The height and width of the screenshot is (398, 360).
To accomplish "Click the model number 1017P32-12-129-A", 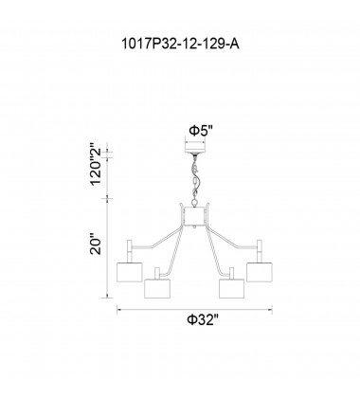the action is click(180, 45).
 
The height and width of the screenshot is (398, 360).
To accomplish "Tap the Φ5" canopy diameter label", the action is click(201, 130).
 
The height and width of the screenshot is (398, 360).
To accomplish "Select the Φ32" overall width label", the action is click(203, 320).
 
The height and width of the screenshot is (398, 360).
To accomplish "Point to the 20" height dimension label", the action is click(96, 244).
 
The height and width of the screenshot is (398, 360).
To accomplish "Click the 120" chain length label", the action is click(96, 172).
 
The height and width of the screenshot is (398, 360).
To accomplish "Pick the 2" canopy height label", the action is click(96, 151).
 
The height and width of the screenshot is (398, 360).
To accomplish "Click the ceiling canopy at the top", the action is click(195, 148).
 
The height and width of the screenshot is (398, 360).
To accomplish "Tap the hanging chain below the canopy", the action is click(195, 177).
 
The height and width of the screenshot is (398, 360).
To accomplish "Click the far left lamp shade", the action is click(130, 272).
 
